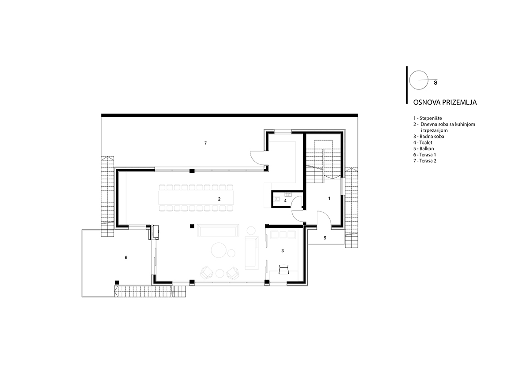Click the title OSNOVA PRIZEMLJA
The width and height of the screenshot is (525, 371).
pos(445,102)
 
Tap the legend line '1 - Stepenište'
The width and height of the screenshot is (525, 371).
pos(428,119)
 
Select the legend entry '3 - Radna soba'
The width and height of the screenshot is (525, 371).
pos(429,137)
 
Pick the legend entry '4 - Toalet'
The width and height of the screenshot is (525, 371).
pos(423,142)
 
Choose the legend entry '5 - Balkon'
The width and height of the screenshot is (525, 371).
pos(424,148)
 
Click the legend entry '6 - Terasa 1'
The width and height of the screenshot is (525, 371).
pos(424,155)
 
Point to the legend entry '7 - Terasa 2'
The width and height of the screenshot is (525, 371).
pos(425,160)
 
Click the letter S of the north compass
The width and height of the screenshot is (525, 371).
pos(435,83)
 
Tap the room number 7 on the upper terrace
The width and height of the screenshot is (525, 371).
pos(205,143)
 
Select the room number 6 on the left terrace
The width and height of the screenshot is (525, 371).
pos(126,258)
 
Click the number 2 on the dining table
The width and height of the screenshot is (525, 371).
pos(220,199)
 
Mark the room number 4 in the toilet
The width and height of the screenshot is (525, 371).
pos(285,201)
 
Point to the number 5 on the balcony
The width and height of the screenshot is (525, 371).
pos(325,238)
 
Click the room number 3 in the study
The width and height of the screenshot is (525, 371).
pos(283,250)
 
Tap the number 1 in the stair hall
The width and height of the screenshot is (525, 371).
pos(329,198)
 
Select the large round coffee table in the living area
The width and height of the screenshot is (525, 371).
pos(219,249)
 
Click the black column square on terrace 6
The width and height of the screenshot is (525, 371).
pos(117,283)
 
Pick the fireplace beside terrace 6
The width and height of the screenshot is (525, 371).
pos(154,232)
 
